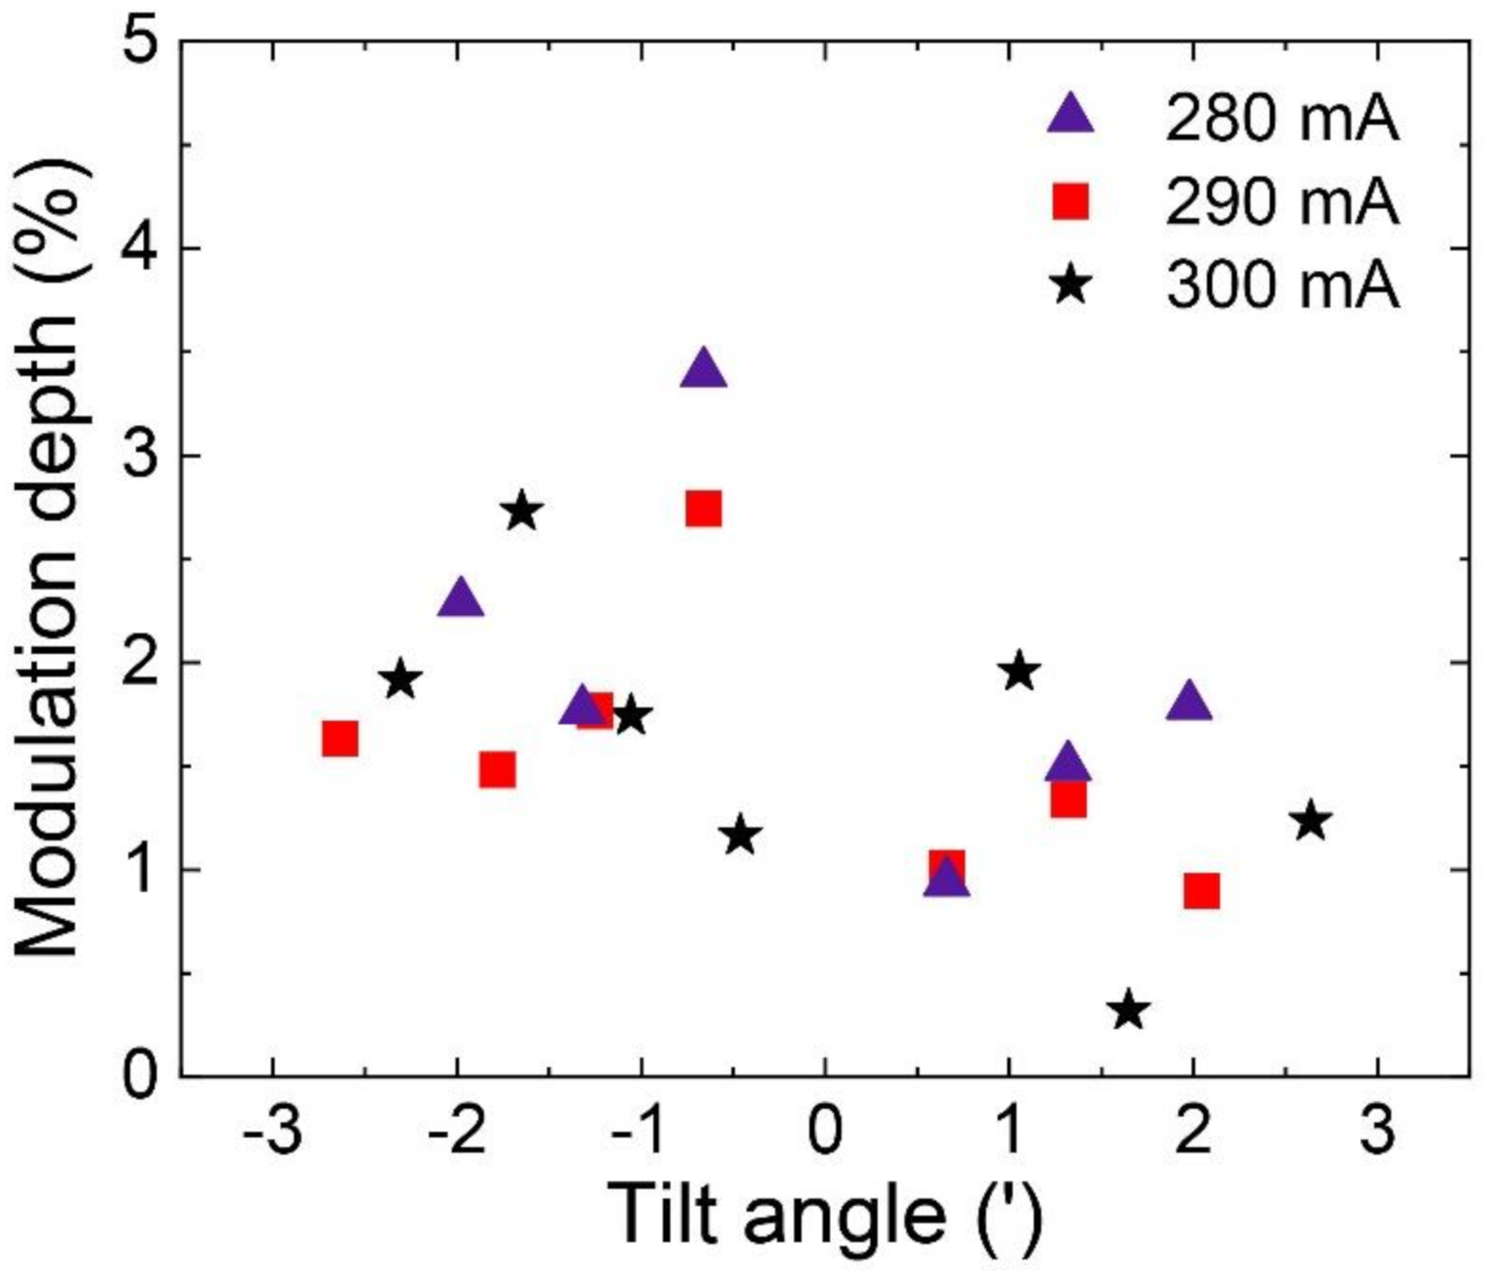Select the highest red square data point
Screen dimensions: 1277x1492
(704, 509)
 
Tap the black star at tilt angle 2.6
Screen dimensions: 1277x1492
(1311, 822)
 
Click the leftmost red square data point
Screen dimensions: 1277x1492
(340, 739)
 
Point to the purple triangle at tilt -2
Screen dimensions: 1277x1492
(460, 600)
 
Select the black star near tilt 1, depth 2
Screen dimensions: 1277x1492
(1019, 673)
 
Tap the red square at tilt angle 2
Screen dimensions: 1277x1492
(1202, 891)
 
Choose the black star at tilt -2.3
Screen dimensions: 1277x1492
(401, 679)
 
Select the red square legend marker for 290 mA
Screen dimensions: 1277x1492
(1071, 201)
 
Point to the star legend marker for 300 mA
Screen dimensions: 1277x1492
(1071, 285)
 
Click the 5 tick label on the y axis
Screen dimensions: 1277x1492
(142, 42)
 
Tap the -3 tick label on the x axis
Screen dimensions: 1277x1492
(273, 1130)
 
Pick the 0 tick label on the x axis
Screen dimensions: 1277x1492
(825, 1130)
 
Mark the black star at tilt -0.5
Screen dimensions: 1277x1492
(740, 836)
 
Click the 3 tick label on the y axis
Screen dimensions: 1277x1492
(142, 455)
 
